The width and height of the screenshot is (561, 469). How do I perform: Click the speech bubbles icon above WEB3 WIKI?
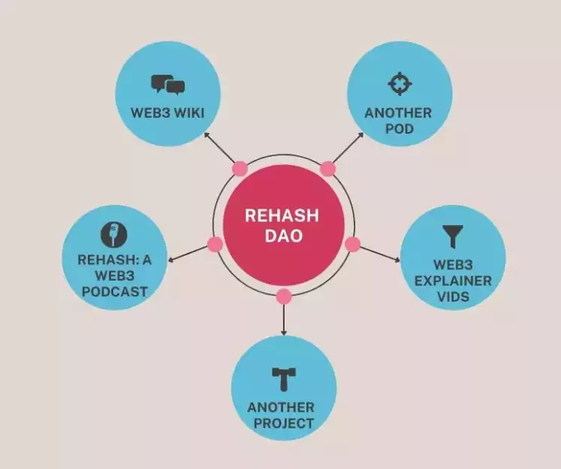coord(167,85)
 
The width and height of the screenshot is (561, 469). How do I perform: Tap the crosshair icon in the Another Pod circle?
coord(399,83)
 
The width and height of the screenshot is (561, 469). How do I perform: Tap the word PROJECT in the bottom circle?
coord(283,423)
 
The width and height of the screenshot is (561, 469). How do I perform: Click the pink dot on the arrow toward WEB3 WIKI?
coord(240,168)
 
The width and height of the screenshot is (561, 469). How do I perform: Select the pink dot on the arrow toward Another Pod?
coord(327,168)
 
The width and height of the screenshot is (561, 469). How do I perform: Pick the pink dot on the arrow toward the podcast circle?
coord(215,245)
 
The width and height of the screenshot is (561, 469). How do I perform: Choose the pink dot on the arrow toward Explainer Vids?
coord(352,244)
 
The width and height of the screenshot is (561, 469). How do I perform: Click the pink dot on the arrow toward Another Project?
coord(283,296)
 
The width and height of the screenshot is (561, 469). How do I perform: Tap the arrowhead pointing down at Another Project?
coord(283,331)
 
